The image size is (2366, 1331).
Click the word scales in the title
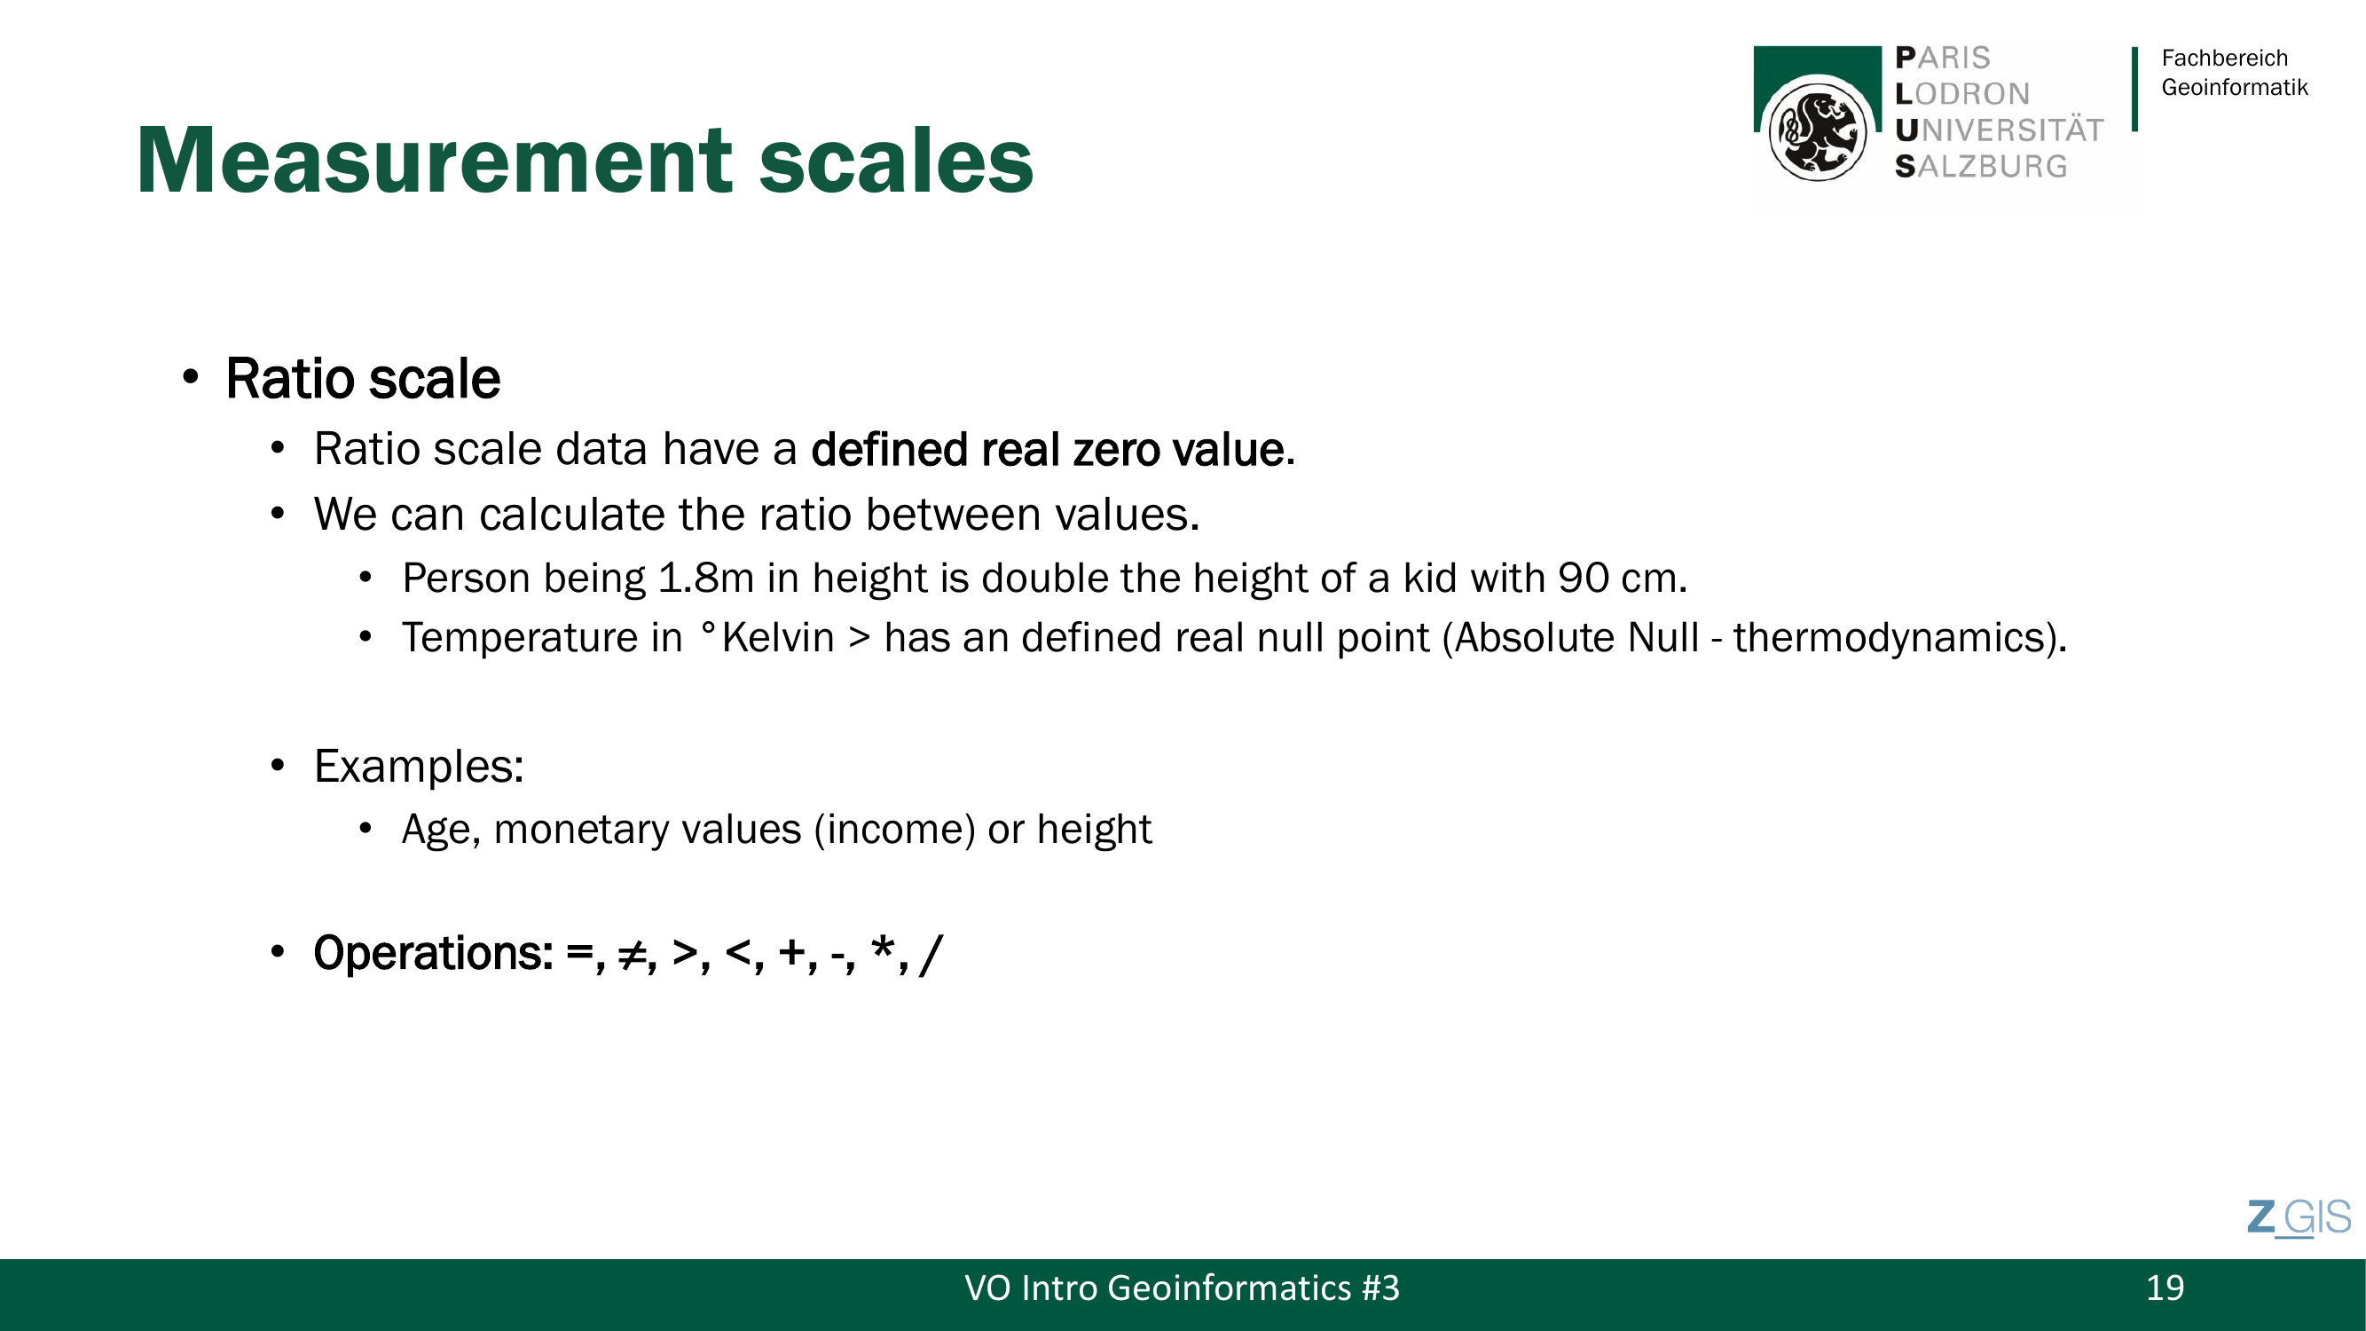coord(896,161)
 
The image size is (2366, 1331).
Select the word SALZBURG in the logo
coord(1981,166)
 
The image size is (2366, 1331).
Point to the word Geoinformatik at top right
coord(2235,87)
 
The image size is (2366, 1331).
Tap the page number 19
coord(2165,1288)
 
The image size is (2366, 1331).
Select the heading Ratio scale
coord(363,379)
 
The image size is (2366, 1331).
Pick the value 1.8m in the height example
coord(706,578)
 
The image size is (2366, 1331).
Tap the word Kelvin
coord(778,637)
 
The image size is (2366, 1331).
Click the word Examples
coord(418,766)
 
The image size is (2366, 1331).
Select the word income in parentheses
coord(894,830)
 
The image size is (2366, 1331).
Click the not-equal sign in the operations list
coord(633,955)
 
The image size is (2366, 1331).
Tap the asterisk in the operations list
coord(884,947)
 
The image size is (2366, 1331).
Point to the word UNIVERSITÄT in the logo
coord(2000,130)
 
